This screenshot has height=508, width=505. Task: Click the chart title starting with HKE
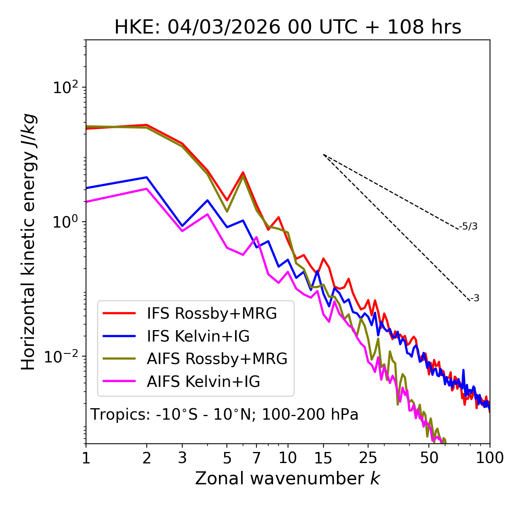pos(288,27)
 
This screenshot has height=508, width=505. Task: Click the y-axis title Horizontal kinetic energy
pos(28,242)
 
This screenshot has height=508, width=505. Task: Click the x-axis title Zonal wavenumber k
pos(288,478)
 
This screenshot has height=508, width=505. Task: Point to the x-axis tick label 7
pos(256,458)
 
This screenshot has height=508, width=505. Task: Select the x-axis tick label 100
pos(490,458)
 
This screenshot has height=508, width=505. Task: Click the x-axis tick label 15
pos(323,458)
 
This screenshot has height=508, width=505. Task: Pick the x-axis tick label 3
pos(182,458)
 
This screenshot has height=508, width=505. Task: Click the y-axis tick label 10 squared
pos(65,88)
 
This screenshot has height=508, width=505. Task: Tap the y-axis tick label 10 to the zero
pos(65,222)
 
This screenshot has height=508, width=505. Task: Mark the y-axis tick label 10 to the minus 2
pos(63,357)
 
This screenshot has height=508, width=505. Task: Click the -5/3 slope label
pos(468,226)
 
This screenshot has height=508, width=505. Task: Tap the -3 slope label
pos(475,299)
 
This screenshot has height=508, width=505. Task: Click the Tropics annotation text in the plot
pos(224,415)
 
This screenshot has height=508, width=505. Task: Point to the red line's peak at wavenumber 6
pos(243,172)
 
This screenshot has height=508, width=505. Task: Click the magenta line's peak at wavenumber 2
pos(147,189)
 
